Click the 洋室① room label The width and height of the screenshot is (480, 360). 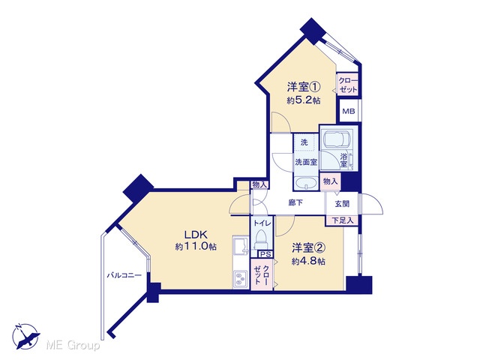click(x=304, y=87)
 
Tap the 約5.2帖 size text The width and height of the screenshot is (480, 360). click(x=304, y=100)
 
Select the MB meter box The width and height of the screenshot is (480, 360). click(x=349, y=111)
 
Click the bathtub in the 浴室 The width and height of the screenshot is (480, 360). click(x=336, y=139)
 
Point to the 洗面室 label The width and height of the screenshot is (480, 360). click(x=306, y=162)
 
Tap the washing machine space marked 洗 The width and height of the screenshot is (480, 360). click(x=304, y=142)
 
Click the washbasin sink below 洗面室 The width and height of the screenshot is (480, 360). click(x=306, y=184)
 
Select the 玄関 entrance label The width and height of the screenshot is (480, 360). click(x=342, y=203)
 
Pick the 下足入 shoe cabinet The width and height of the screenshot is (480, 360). click(x=342, y=220)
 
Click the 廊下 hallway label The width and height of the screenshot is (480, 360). click(x=295, y=202)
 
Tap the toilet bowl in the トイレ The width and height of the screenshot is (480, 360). click(x=261, y=239)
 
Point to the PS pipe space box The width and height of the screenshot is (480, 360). click(x=265, y=254)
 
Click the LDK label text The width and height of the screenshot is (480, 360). click(x=196, y=235)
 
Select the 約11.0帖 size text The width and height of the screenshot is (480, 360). click(x=196, y=247)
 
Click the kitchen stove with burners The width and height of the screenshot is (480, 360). click(x=241, y=279)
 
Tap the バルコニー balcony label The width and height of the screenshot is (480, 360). click(x=124, y=275)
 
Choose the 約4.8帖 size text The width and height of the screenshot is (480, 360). click(x=308, y=262)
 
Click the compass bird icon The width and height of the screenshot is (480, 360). click(x=26, y=337)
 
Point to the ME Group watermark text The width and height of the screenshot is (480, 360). click(x=73, y=346)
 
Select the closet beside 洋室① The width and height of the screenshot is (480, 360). click(x=347, y=85)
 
